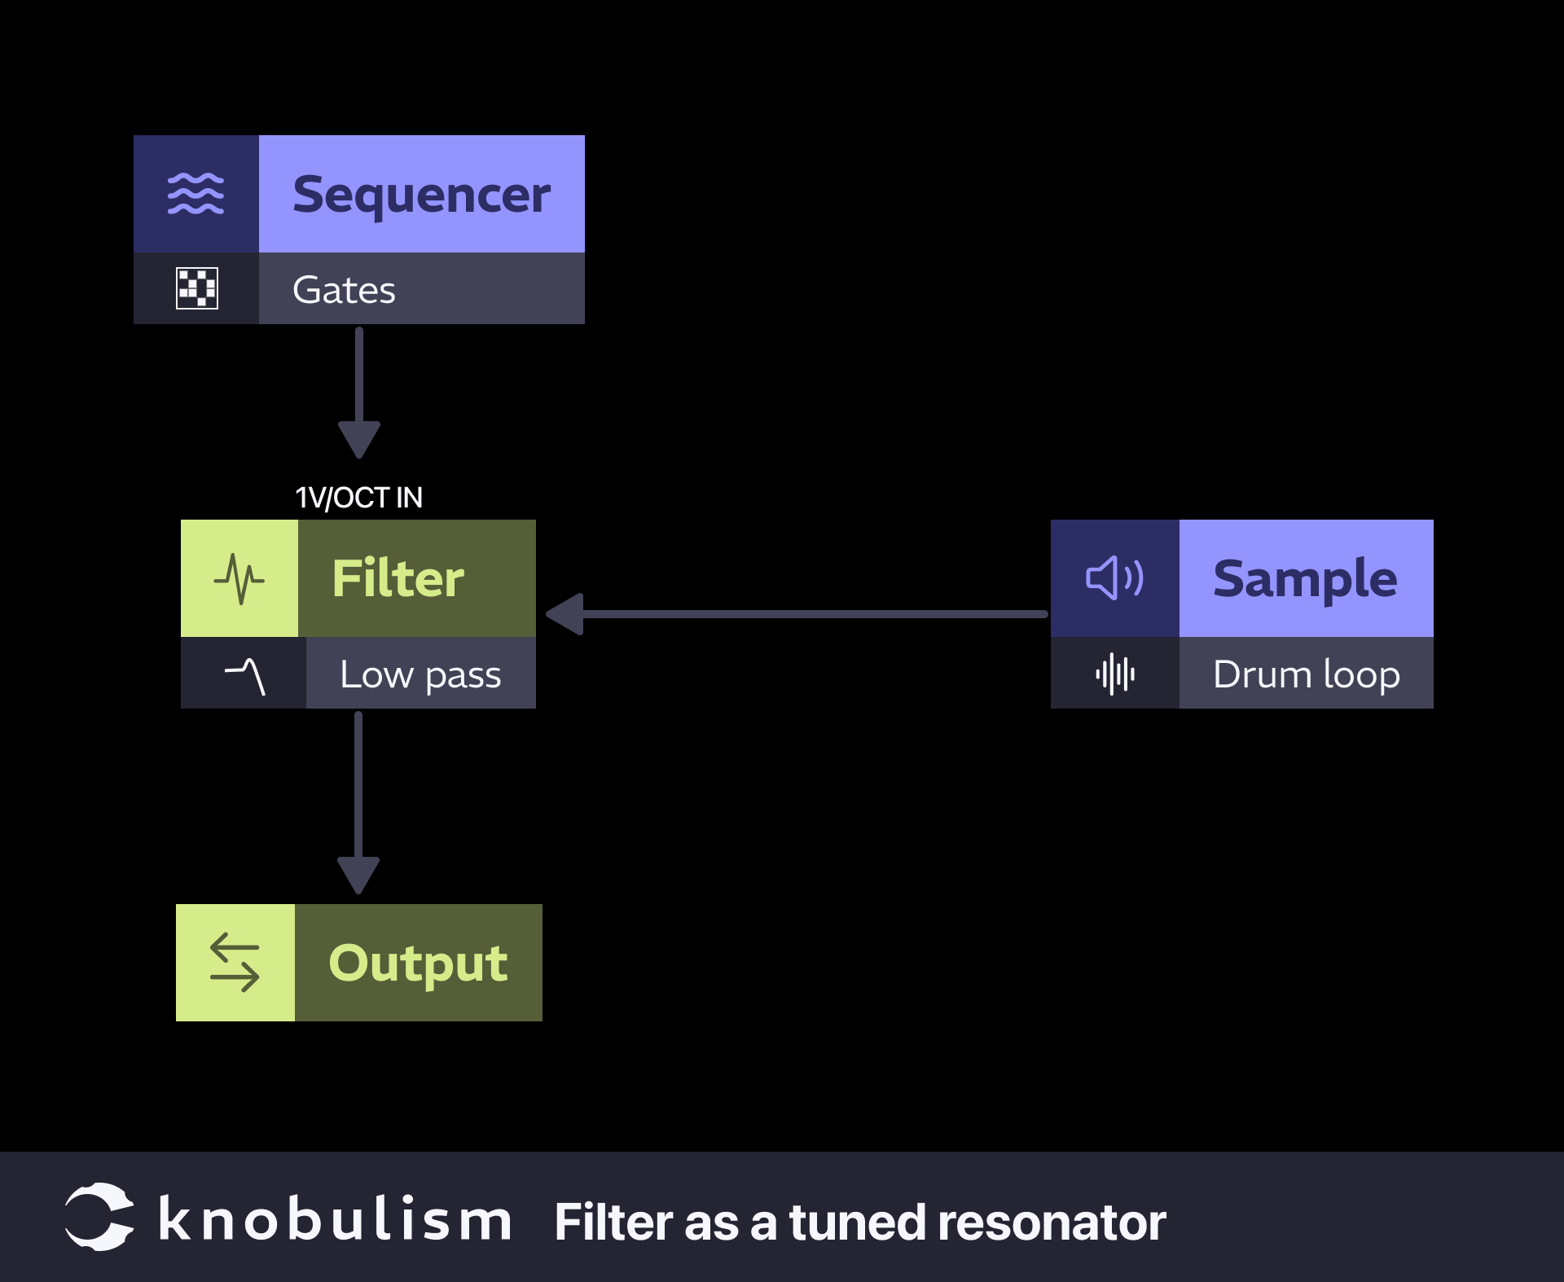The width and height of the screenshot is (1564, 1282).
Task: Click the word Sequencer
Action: pos(421,195)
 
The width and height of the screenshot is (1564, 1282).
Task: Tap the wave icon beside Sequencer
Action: pos(195,194)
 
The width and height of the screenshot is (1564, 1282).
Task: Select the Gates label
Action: pos(344,290)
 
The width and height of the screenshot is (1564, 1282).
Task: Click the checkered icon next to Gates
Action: pos(197,288)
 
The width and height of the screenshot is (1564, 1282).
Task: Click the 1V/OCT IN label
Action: pos(358,498)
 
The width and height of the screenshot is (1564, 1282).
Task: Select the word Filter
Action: pos(398,578)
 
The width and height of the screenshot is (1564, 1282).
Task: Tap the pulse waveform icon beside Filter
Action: pos(239,579)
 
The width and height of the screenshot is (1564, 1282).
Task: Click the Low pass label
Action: pos(420,674)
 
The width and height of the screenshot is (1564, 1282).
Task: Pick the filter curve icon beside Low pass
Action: pos(244,675)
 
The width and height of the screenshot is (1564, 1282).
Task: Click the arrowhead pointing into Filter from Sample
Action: pos(565,614)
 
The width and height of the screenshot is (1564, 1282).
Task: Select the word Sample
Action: pos(1305,579)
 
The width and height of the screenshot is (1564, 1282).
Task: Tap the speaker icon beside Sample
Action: pos(1114,578)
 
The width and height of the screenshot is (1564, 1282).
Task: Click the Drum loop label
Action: pos(1306,674)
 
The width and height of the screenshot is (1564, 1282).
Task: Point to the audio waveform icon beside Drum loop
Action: pos(1114,674)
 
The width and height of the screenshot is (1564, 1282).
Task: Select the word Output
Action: pos(418,963)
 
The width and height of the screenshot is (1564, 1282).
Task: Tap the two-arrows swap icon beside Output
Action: pos(235,963)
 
